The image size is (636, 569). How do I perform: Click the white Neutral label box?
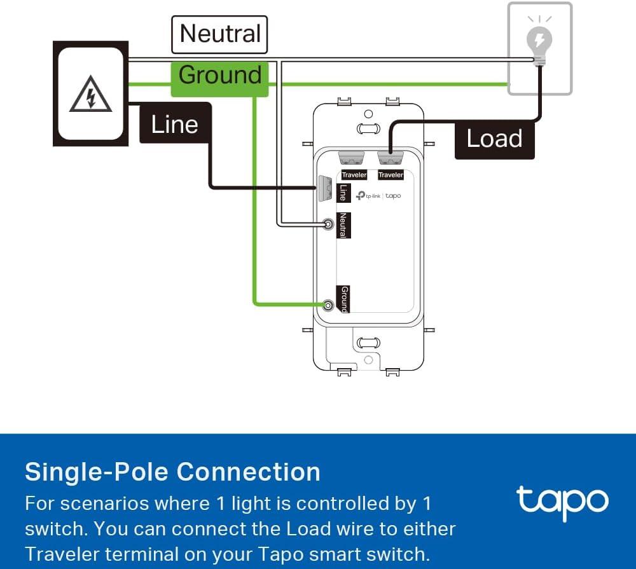pyautogui.click(x=219, y=34)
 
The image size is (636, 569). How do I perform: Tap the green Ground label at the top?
pyautogui.click(x=219, y=76)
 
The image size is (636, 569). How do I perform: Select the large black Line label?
pyautogui.click(x=175, y=123)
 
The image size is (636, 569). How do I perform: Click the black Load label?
pyautogui.click(x=494, y=139)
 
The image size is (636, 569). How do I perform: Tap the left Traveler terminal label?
pyautogui.click(x=354, y=175)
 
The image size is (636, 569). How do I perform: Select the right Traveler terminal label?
pyautogui.click(x=391, y=175)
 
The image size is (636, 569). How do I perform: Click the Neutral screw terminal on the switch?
pyautogui.click(x=328, y=224)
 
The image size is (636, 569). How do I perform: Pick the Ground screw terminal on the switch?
pyautogui.click(x=328, y=305)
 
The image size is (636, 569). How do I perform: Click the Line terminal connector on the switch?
pyautogui.click(x=325, y=188)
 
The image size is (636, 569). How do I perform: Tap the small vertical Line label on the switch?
pyautogui.click(x=343, y=193)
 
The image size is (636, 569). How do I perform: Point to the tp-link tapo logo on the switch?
pyautogui.click(x=378, y=196)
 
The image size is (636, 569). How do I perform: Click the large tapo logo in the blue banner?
pyautogui.click(x=562, y=502)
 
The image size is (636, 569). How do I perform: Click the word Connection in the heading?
pyautogui.click(x=248, y=472)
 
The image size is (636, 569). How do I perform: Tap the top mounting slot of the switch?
pyautogui.click(x=368, y=129)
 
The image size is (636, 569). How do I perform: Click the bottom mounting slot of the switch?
pyautogui.click(x=368, y=343)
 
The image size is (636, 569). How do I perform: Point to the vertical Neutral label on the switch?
pyautogui.click(x=343, y=225)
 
